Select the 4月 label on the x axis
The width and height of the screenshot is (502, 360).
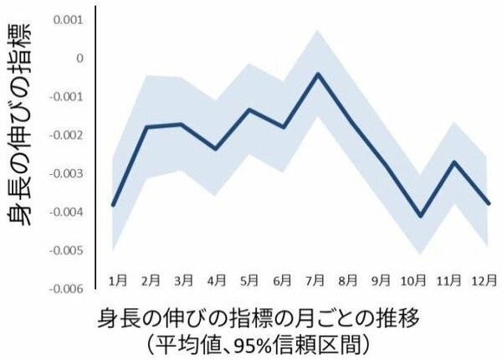(x=218, y=277)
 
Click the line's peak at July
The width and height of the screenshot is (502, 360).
(x=319, y=74)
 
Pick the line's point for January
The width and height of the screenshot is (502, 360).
(x=113, y=204)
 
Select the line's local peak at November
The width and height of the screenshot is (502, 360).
(x=453, y=162)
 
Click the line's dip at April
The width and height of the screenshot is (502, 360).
(x=216, y=149)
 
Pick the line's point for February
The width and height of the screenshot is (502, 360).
(x=147, y=126)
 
